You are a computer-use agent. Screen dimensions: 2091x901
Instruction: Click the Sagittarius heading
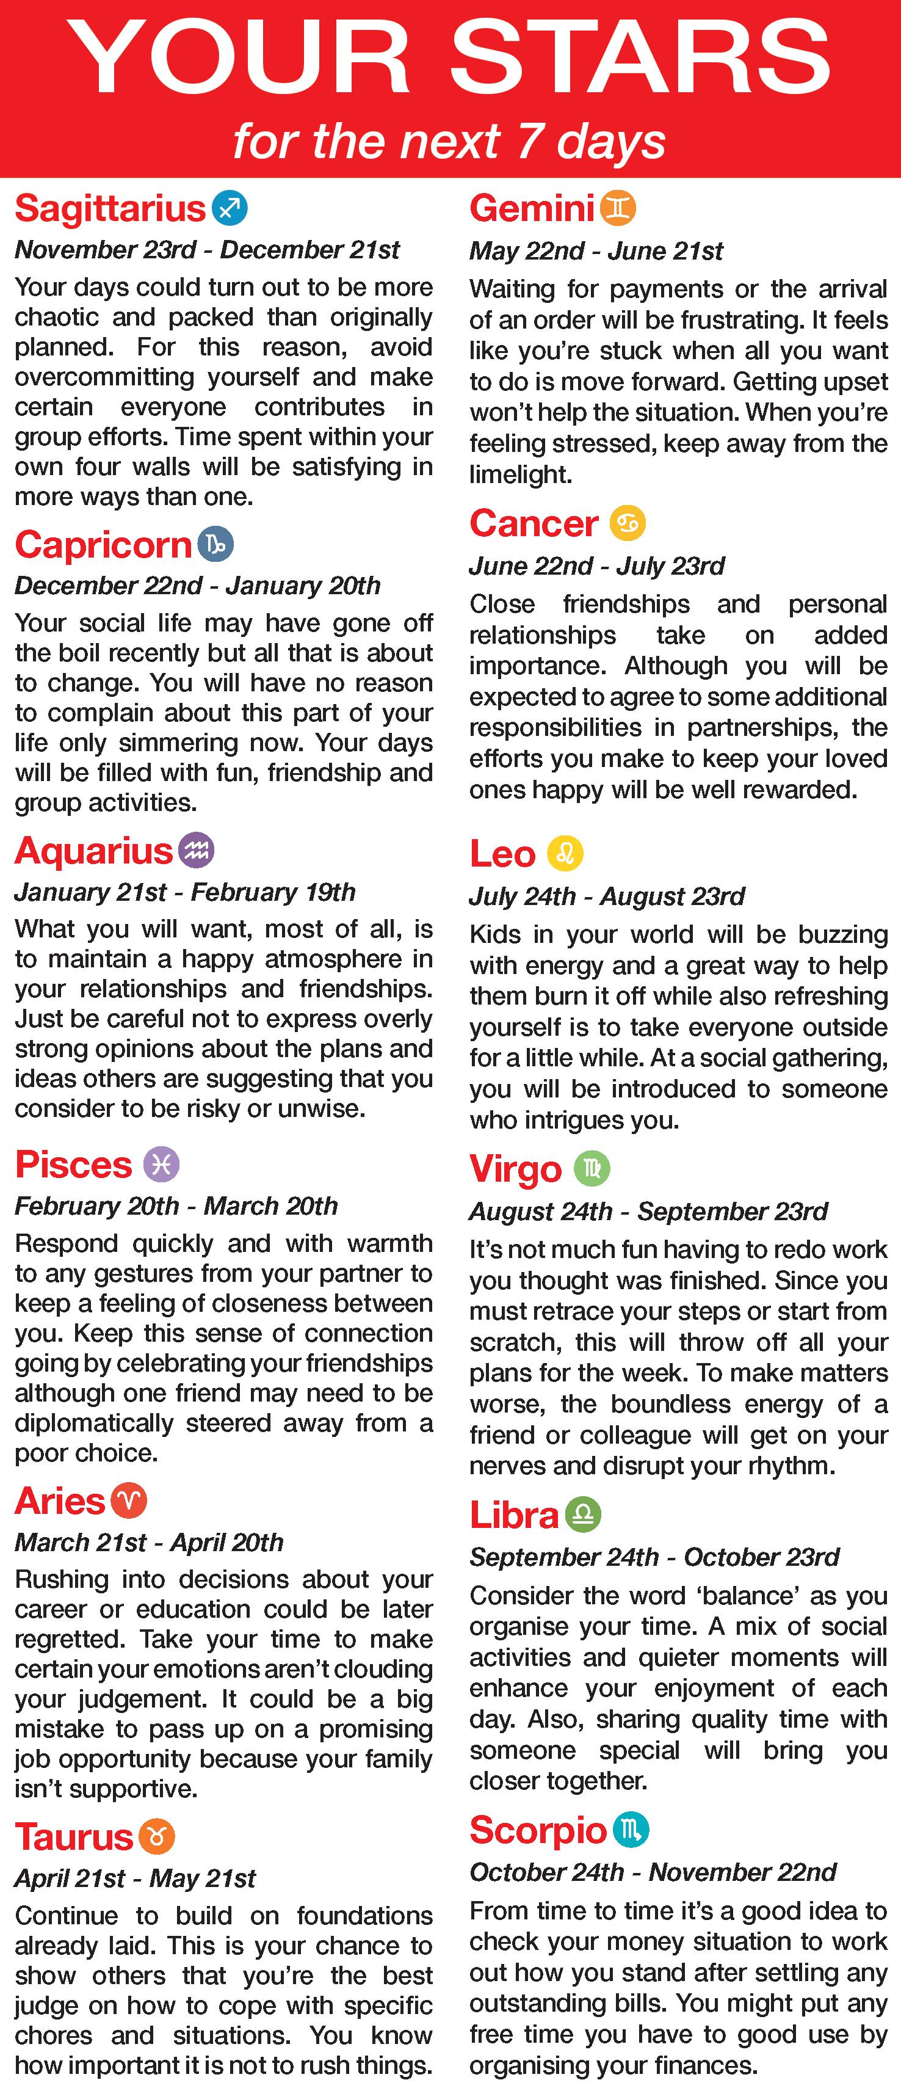[x=110, y=209]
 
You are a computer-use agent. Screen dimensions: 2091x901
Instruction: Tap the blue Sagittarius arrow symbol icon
[x=230, y=209]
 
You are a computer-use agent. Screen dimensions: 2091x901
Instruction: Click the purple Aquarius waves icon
[x=195, y=851]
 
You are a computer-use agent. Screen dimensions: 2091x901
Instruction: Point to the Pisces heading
[x=73, y=1165]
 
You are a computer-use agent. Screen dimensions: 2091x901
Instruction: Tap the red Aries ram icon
[x=128, y=1501]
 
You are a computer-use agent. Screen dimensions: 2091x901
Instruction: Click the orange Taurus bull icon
[x=157, y=1837]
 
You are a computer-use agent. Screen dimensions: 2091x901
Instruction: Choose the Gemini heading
[x=532, y=209]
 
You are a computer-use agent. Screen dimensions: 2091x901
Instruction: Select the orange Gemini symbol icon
[x=618, y=209]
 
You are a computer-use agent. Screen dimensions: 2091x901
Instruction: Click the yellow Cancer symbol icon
[x=628, y=523]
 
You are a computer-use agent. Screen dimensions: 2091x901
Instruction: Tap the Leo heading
[x=502, y=854]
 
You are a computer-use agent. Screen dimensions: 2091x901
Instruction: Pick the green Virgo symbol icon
[x=592, y=1169]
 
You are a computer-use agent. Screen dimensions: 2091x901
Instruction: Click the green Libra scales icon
[x=582, y=1515]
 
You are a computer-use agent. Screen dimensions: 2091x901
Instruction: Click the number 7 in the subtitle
[x=529, y=140]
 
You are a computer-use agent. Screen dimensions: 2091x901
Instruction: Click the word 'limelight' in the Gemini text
[x=519, y=474]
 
